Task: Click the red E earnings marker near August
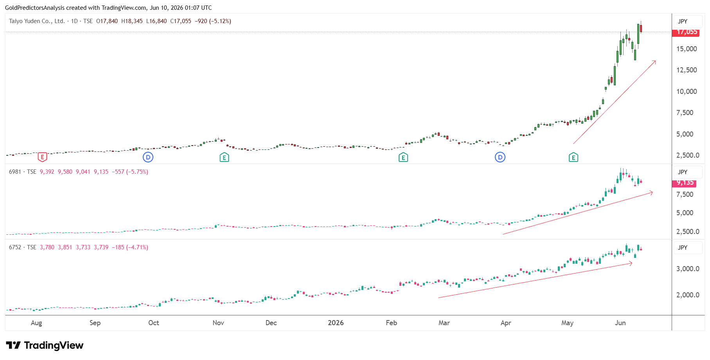click(x=42, y=157)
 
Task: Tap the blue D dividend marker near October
click(x=148, y=157)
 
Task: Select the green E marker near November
click(x=224, y=157)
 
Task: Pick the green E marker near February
click(x=403, y=157)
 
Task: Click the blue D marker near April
click(x=500, y=157)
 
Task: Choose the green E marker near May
click(x=573, y=157)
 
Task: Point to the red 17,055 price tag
click(x=686, y=32)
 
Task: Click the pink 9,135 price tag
click(x=685, y=183)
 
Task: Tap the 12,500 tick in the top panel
click(x=687, y=70)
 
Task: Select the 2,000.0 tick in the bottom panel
click(x=688, y=295)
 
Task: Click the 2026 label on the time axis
click(x=336, y=323)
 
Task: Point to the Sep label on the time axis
click(x=95, y=323)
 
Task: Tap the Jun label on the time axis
click(x=620, y=323)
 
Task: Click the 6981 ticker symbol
click(x=15, y=172)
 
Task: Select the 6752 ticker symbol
click(x=15, y=247)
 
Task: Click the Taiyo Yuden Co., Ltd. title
click(x=37, y=21)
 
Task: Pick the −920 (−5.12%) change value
click(x=213, y=21)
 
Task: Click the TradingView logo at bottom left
click(x=45, y=345)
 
